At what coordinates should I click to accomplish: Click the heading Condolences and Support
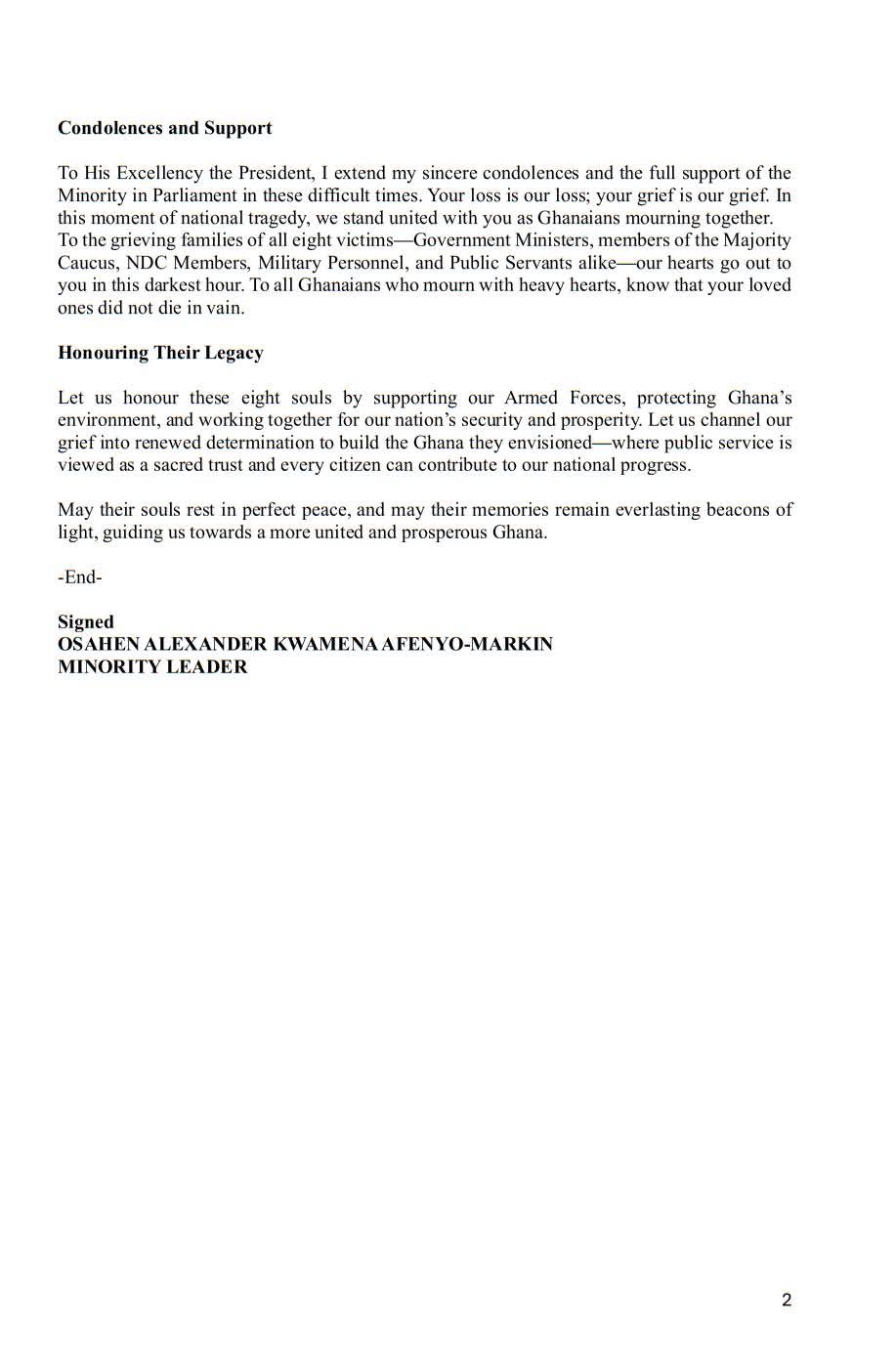click(164, 128)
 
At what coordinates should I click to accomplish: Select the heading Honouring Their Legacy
click(160, 353)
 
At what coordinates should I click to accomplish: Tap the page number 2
click(787, 1300)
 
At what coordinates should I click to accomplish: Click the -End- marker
click(80, 577)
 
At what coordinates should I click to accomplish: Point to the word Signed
click(86, 622)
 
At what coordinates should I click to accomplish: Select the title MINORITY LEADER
click(152, 667)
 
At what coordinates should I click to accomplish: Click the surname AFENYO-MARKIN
click(476, 645)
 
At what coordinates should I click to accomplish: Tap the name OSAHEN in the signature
click(99, 645)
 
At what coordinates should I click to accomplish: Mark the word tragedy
click(279, 218)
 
